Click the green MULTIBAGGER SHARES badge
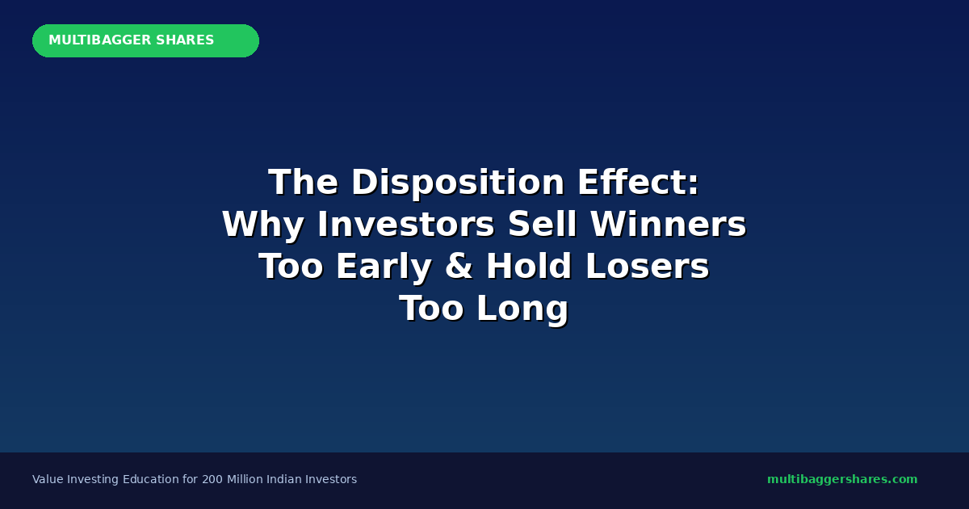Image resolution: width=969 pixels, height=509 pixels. click(146, 40)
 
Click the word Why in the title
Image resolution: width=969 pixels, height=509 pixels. click(263, 225)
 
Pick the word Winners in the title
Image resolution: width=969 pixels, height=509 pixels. click(669, 225)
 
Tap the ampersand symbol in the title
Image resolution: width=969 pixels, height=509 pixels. click(459, 266)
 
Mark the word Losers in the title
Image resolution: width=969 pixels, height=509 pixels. click(647, 266)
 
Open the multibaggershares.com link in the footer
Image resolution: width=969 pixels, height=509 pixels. click(842, 479)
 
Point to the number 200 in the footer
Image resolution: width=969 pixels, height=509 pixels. click(212, 479)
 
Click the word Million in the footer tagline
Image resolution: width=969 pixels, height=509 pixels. click(245, 479)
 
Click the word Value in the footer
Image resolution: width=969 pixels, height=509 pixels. click(48, 479)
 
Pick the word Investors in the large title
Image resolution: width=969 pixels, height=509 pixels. click(405, 225)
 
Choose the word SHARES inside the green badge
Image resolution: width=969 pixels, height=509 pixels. click(185, 40)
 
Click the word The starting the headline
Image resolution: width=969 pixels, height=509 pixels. click(303, 183)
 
